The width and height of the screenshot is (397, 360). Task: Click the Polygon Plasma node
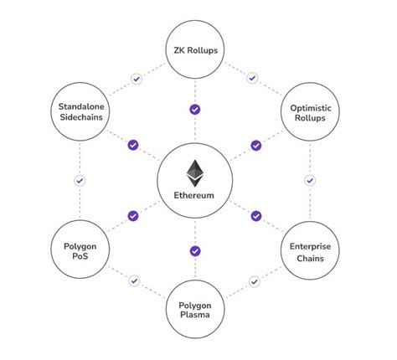pyautogui.click(x=194, y=312)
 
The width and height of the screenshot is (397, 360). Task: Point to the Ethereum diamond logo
pyautogui.click(x=194, y=172)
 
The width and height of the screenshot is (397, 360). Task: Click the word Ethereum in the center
pyautogui.click(x=194, y=195)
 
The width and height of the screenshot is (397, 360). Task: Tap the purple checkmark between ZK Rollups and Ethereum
pyautogui.click(x=194, y=109)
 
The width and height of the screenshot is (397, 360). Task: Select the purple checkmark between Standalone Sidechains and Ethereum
pyautogui.click(x=132, y=145)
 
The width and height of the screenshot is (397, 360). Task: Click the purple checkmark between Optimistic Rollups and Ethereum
pyautogui.click(x=256, y=145)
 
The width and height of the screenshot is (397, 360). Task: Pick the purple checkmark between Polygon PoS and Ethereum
pyautogui.click(x=132, y=216)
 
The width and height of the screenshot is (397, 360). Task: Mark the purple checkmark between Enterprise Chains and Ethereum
pyautogui.click(x=256, y=216)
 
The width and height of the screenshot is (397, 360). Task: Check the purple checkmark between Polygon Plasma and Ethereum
pyautogui.click(x=194, y=250)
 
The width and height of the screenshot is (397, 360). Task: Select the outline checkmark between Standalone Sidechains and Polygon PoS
pyautogui.click(x=80, y=180)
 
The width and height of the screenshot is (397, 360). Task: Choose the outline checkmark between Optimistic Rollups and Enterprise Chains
pyautogui.click(x=310, y=180)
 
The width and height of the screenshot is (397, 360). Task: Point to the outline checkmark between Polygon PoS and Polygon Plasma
pyautogui.click(x=134, y=280)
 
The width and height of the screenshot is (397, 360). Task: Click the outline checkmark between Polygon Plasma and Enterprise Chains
pyautogui.click(x=255, y=280)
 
